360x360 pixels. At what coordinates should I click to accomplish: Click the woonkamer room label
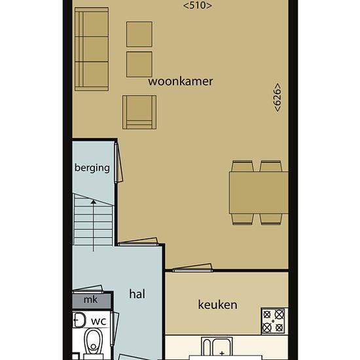(181, 82)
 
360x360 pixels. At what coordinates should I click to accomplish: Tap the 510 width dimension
(198, 5)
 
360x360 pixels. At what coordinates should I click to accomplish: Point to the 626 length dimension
(278, 98)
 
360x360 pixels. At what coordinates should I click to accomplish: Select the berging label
(92, 168)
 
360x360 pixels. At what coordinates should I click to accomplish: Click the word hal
(137, 294)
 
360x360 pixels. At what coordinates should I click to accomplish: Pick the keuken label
(218, 305)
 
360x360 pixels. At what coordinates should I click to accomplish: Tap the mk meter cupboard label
(90, 300)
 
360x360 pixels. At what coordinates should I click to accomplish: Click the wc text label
(98, 321)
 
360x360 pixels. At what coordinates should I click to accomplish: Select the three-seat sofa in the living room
(92, 49)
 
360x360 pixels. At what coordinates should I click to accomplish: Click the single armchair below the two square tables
(139, 113)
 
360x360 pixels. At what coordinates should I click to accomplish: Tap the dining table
(259, 192)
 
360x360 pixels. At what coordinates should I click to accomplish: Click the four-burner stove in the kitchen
(273, 321)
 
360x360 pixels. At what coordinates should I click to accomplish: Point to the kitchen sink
(217, 346)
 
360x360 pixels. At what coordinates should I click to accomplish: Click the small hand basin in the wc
(79, 320)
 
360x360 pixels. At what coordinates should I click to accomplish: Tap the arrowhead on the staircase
(94, 202)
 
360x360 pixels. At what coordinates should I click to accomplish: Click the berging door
(118, 162)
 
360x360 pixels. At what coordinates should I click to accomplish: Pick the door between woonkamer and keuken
(192, 268)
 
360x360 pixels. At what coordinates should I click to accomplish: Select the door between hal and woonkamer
(138, 242)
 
